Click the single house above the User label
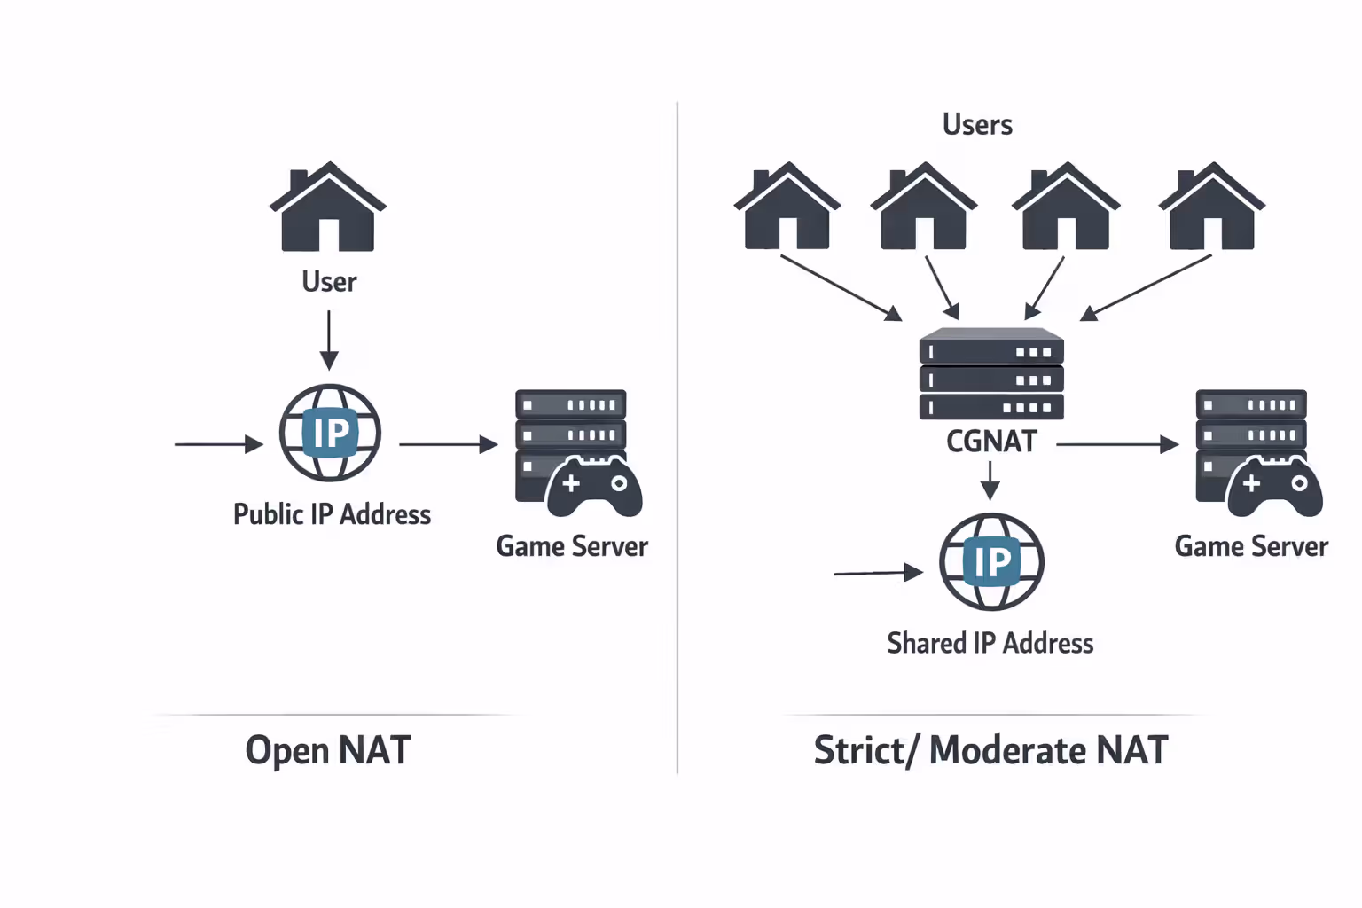pyautogui.click(x=328, y=208)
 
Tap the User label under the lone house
pyautogui.click(x=329, y=282)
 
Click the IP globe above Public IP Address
pyautogui.click(x=330, y=433)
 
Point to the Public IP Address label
pyautogui.click(x=332, y=514)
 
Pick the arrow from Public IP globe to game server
pyautogui.click(x=448, y=444)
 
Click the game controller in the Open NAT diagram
pyautogui.click(x=594, y=487)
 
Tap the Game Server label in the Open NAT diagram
pyautogui.click(x=572, y=546)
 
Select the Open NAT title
pyautogui.click(x=328, y=750)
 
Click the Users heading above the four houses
pyautogui.click(x=977, y=125)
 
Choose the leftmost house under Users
pyautogui.click(x=787, y=207)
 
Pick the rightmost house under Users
pyautogui.click(x=1211, y=207)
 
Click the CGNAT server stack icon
pyautogui.click(x=991, y=374)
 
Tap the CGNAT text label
pyautogui.click(x=991, y=442)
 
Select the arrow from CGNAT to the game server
pyautogui.click(x=1116, y=444)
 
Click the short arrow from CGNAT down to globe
pyautogui.click(x=990, y=481)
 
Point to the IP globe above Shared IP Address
pyautogui.click(x=991, y=561)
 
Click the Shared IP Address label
pyautogui.click(x=990, y=643)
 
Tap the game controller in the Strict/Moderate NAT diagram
pyautogui.click(x=1274, y=487)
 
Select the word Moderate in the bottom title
pyautogui.click(x=1007, y=750)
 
